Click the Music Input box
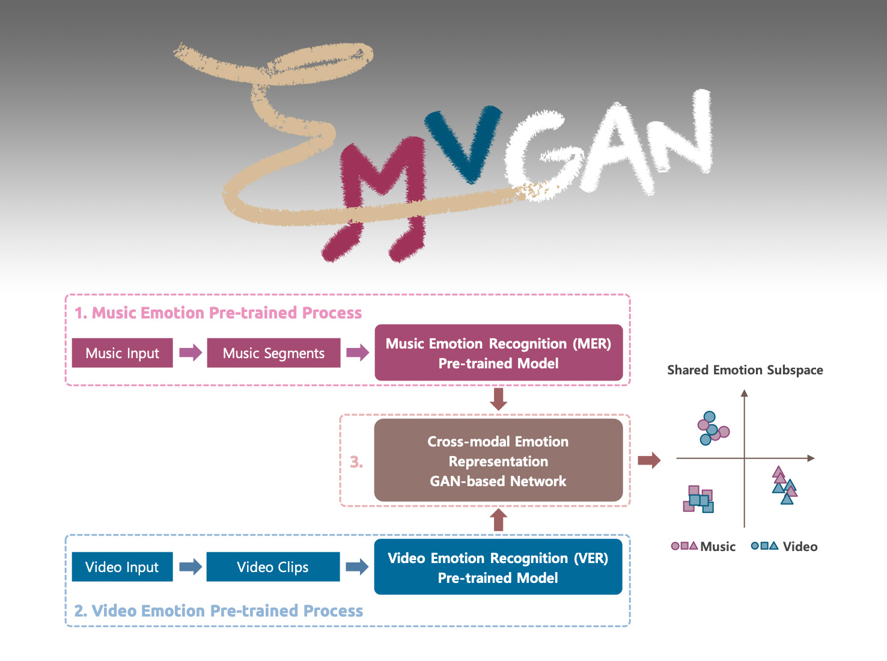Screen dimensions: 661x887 pyautogui.click(x=123, y=353)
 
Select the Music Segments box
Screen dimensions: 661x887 pyautogui.click(x=273, y=353)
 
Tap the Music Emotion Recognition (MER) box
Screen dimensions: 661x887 pyautogui.click(x=498, y=353)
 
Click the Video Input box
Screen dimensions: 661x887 pyautogui.click(x=122, y=567)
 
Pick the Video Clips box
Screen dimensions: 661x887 pyautogui.click(x=273, y=567)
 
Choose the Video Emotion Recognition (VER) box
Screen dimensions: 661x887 pyautogui.click(x=498, y=567)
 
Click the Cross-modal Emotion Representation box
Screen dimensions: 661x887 pyautogui.click(x=498, y=460)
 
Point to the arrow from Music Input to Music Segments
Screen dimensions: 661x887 pyautogui.click(x=191, y=352)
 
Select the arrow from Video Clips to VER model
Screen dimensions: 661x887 pyautogui.click(x=357, y=566)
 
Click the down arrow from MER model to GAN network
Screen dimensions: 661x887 pyautogui.click(x=498, y=399)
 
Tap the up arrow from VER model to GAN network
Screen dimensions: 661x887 pyautogui.click(x=498, y=520)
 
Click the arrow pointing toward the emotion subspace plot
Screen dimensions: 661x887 pyautogui.click(x=649, y=460)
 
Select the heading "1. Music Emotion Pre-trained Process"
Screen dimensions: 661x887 pyautogui.click(x=218, y=312)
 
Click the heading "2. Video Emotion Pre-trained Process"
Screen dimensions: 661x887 pyautogui.click(x=219, y=611)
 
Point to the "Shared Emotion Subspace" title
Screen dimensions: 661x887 pyautogui.click(x=745, y=370)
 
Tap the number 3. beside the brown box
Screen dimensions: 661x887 pyautogui.click(x=356, y=461)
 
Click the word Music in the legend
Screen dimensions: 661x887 pyautogui.click(x=718, y=546)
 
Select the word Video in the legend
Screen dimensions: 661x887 pyautogui.click(x=800, y=546)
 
